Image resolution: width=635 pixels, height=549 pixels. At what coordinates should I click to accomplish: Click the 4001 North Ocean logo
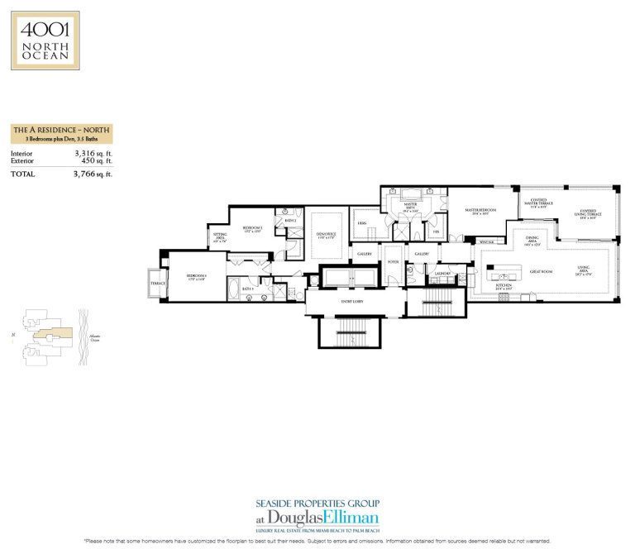click(45, 40)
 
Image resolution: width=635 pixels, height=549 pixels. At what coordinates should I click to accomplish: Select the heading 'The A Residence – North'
click(62, 130)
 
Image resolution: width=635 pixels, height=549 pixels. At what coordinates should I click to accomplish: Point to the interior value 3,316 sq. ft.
click(93, 154)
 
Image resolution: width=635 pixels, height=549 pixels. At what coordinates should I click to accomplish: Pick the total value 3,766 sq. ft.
click(92, 174)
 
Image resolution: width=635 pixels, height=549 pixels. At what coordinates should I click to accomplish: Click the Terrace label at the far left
click(157, 284)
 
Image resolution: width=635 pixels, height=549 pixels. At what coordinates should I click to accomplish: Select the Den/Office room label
click(326, 234)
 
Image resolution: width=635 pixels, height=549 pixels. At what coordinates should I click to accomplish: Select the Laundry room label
click(442, 273)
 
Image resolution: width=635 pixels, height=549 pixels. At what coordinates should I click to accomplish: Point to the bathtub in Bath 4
click(232, 291)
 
